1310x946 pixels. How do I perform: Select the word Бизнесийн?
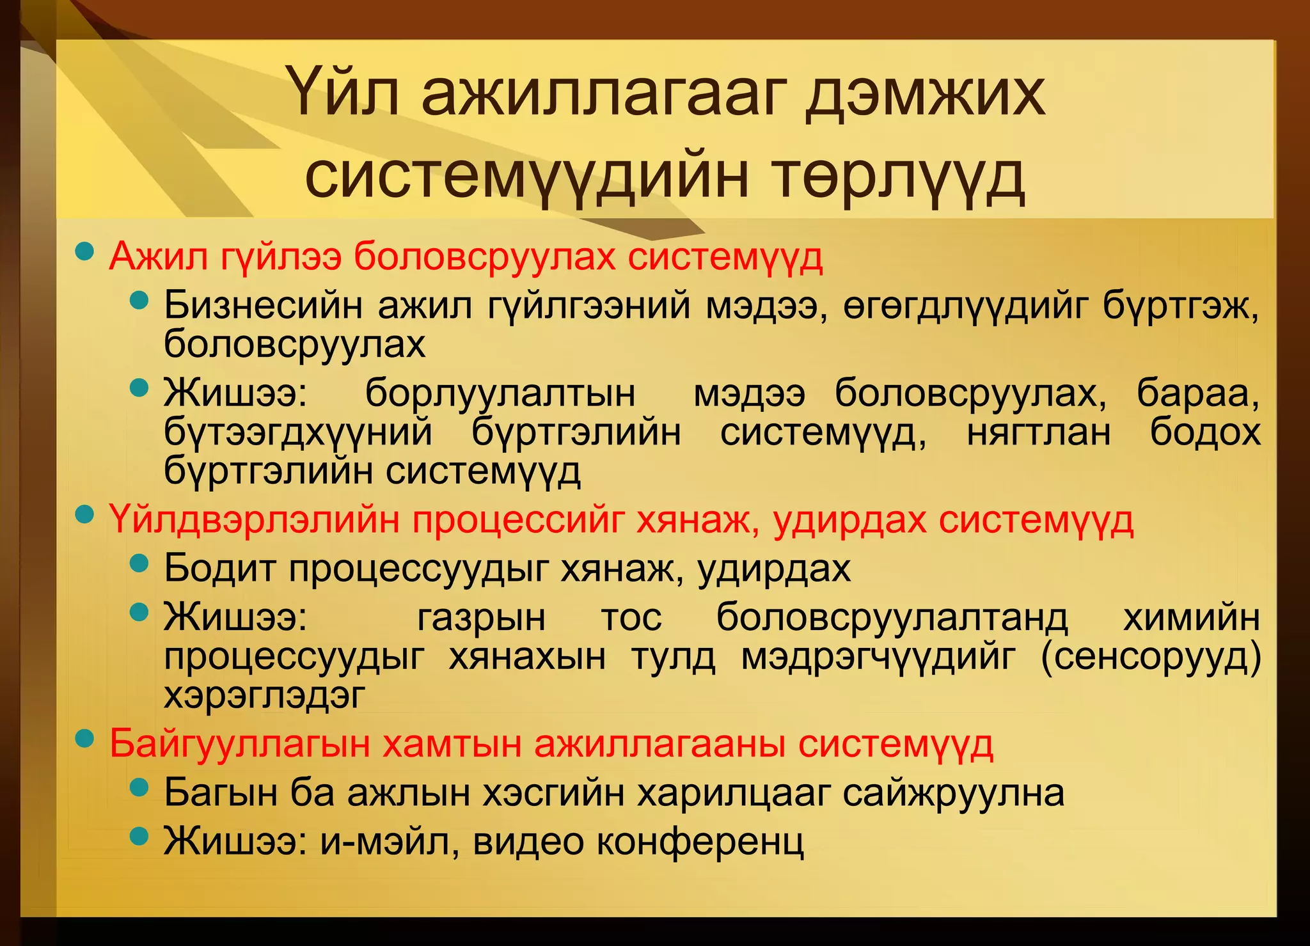coord(263,305)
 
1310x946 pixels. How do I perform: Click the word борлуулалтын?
coord(500,393)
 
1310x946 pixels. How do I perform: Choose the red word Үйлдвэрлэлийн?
coord(255,519)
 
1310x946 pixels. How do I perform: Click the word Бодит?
coord(219,567)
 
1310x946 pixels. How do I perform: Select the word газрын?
coord(481,618)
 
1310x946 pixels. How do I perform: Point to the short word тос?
coord(631,618)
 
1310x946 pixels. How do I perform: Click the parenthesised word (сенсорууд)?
coord(1151,657)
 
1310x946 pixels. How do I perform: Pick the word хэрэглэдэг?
coord(264,695)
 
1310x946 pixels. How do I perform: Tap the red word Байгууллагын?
coord(239,744)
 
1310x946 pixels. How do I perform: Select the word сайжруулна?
coord(953,793)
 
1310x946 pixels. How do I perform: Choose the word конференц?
coord(700,842)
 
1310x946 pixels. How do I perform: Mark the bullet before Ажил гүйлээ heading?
coord(84,251)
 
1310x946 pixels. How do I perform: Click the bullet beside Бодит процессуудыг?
coord(139,564)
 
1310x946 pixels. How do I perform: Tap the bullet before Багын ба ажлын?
coord(139,787)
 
